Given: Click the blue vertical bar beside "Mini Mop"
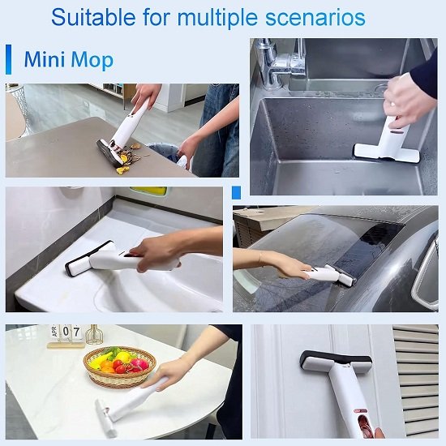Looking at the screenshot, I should pos(9,60).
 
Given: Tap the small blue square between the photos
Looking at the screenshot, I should pos(236,192).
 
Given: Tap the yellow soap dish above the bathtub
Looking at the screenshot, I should pos(148,191).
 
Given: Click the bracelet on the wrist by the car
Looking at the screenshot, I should pos(260,259).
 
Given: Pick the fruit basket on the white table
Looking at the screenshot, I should pos(121,367).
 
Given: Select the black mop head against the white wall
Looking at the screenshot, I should pos(335,359).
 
